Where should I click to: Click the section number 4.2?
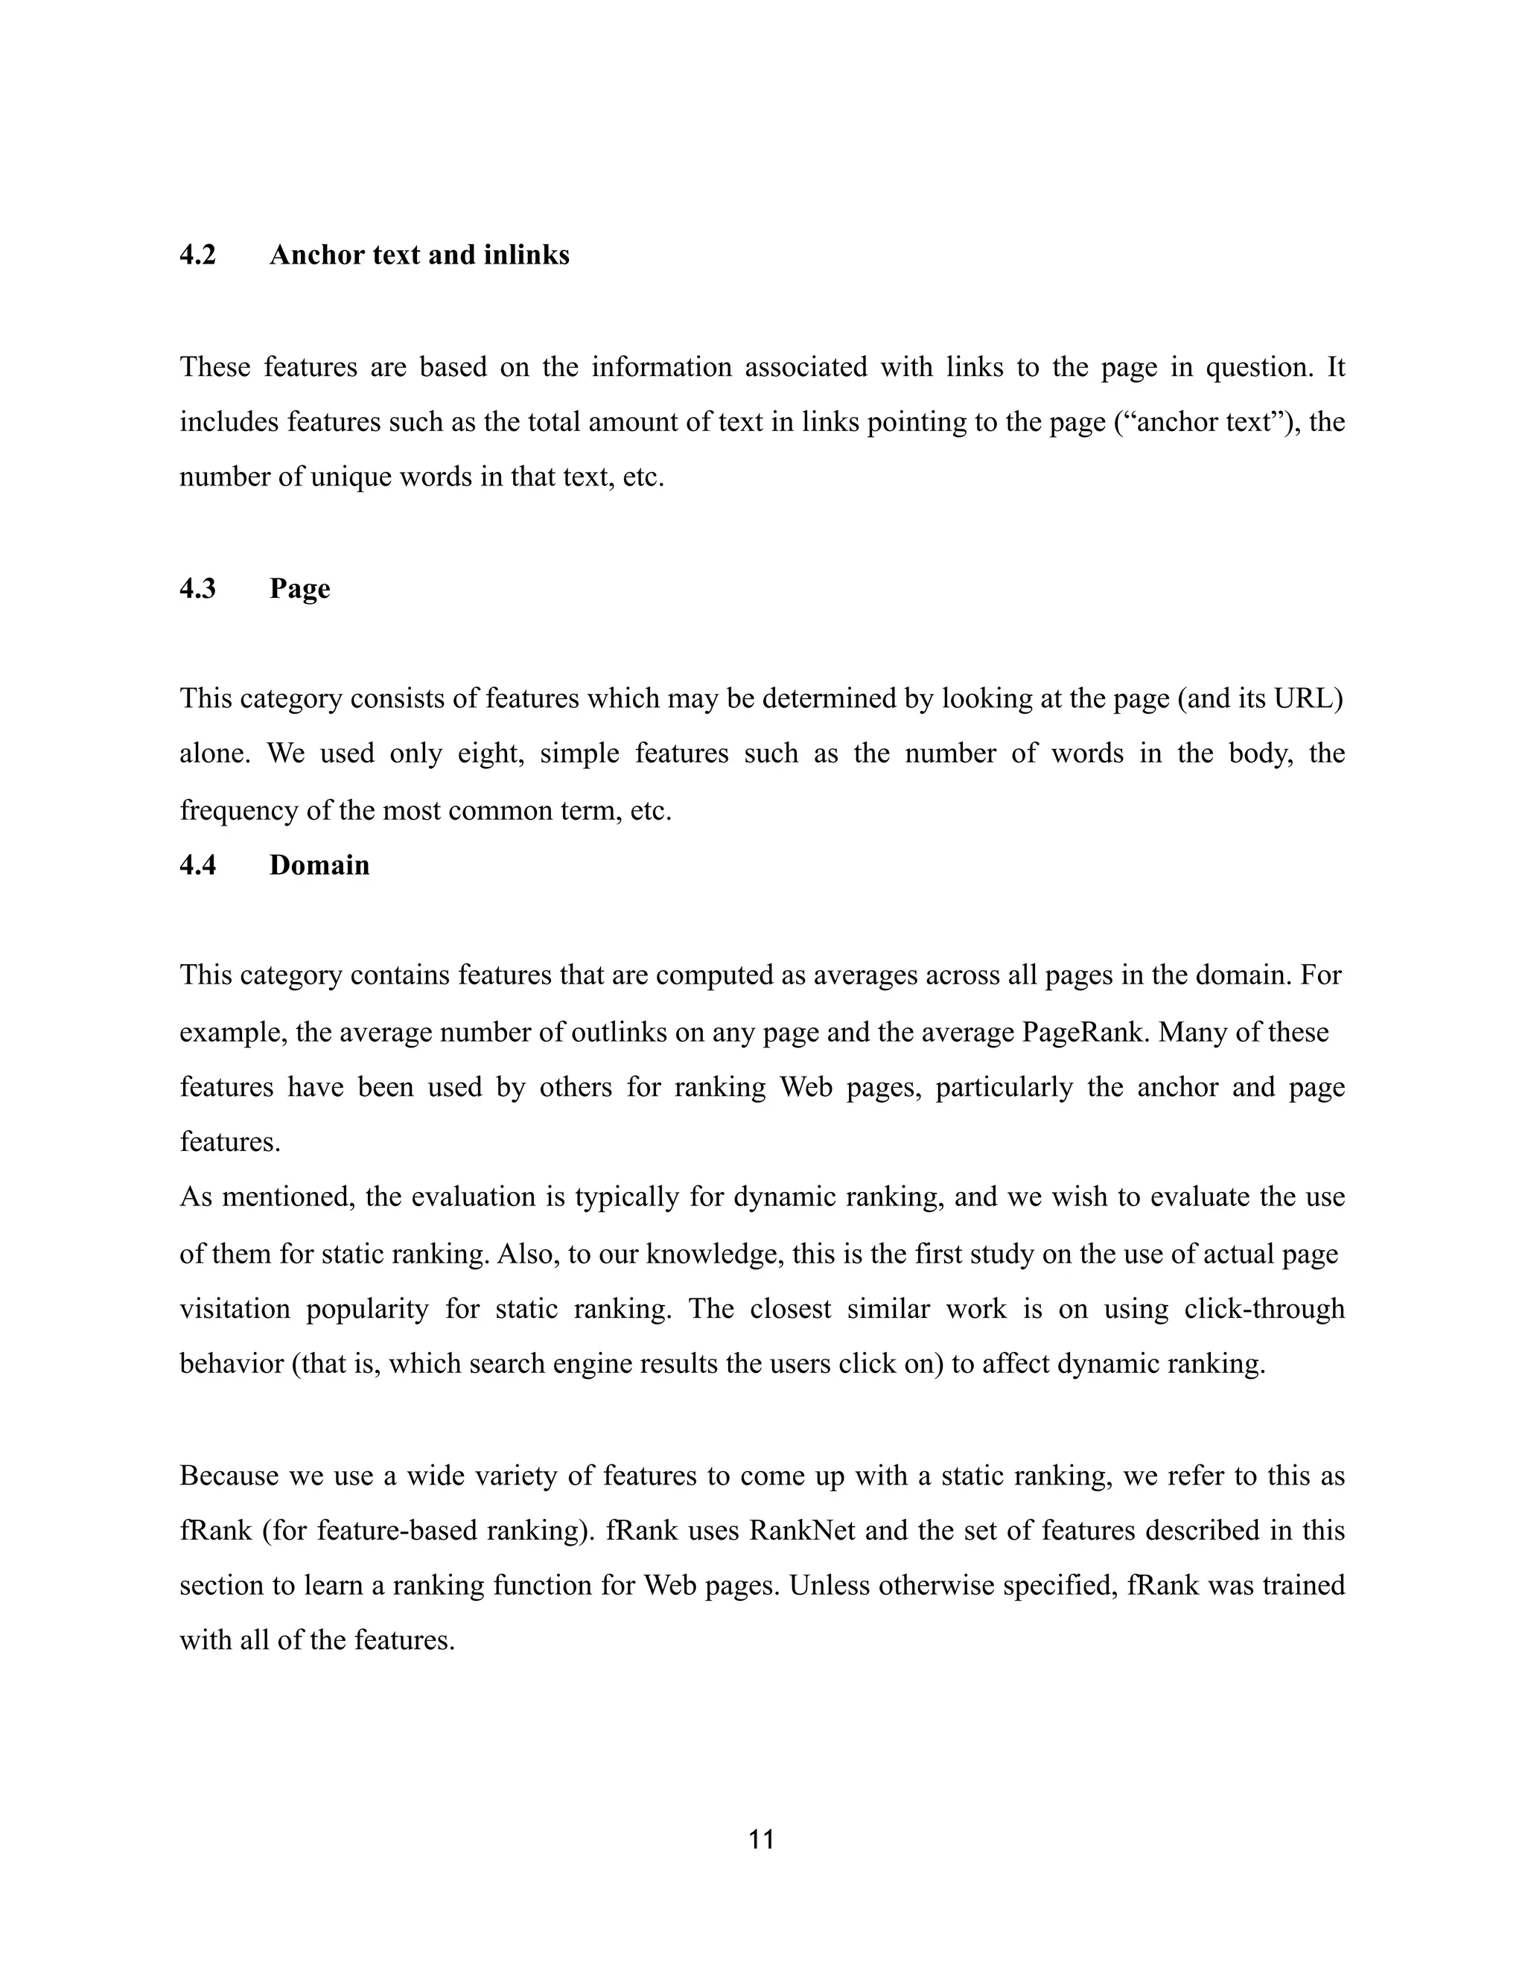[198, 255]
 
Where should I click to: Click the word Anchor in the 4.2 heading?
[312, 255]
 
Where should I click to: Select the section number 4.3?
[198, 589]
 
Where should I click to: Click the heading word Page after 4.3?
[299, 589]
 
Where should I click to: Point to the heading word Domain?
[319, 865]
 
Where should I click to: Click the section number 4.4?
[198, 865]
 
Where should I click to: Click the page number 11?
[762, 1839]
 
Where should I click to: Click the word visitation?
[235, 1309]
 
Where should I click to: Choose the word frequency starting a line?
[238, 810]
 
